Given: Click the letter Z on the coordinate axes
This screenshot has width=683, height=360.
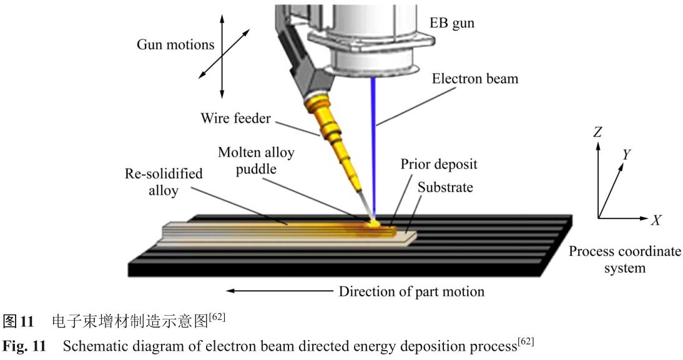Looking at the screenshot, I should click(597, 132).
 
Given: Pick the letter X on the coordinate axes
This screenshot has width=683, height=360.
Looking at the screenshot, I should click(656, 220).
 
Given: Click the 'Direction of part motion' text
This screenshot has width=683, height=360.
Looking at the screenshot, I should click(411, 291).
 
